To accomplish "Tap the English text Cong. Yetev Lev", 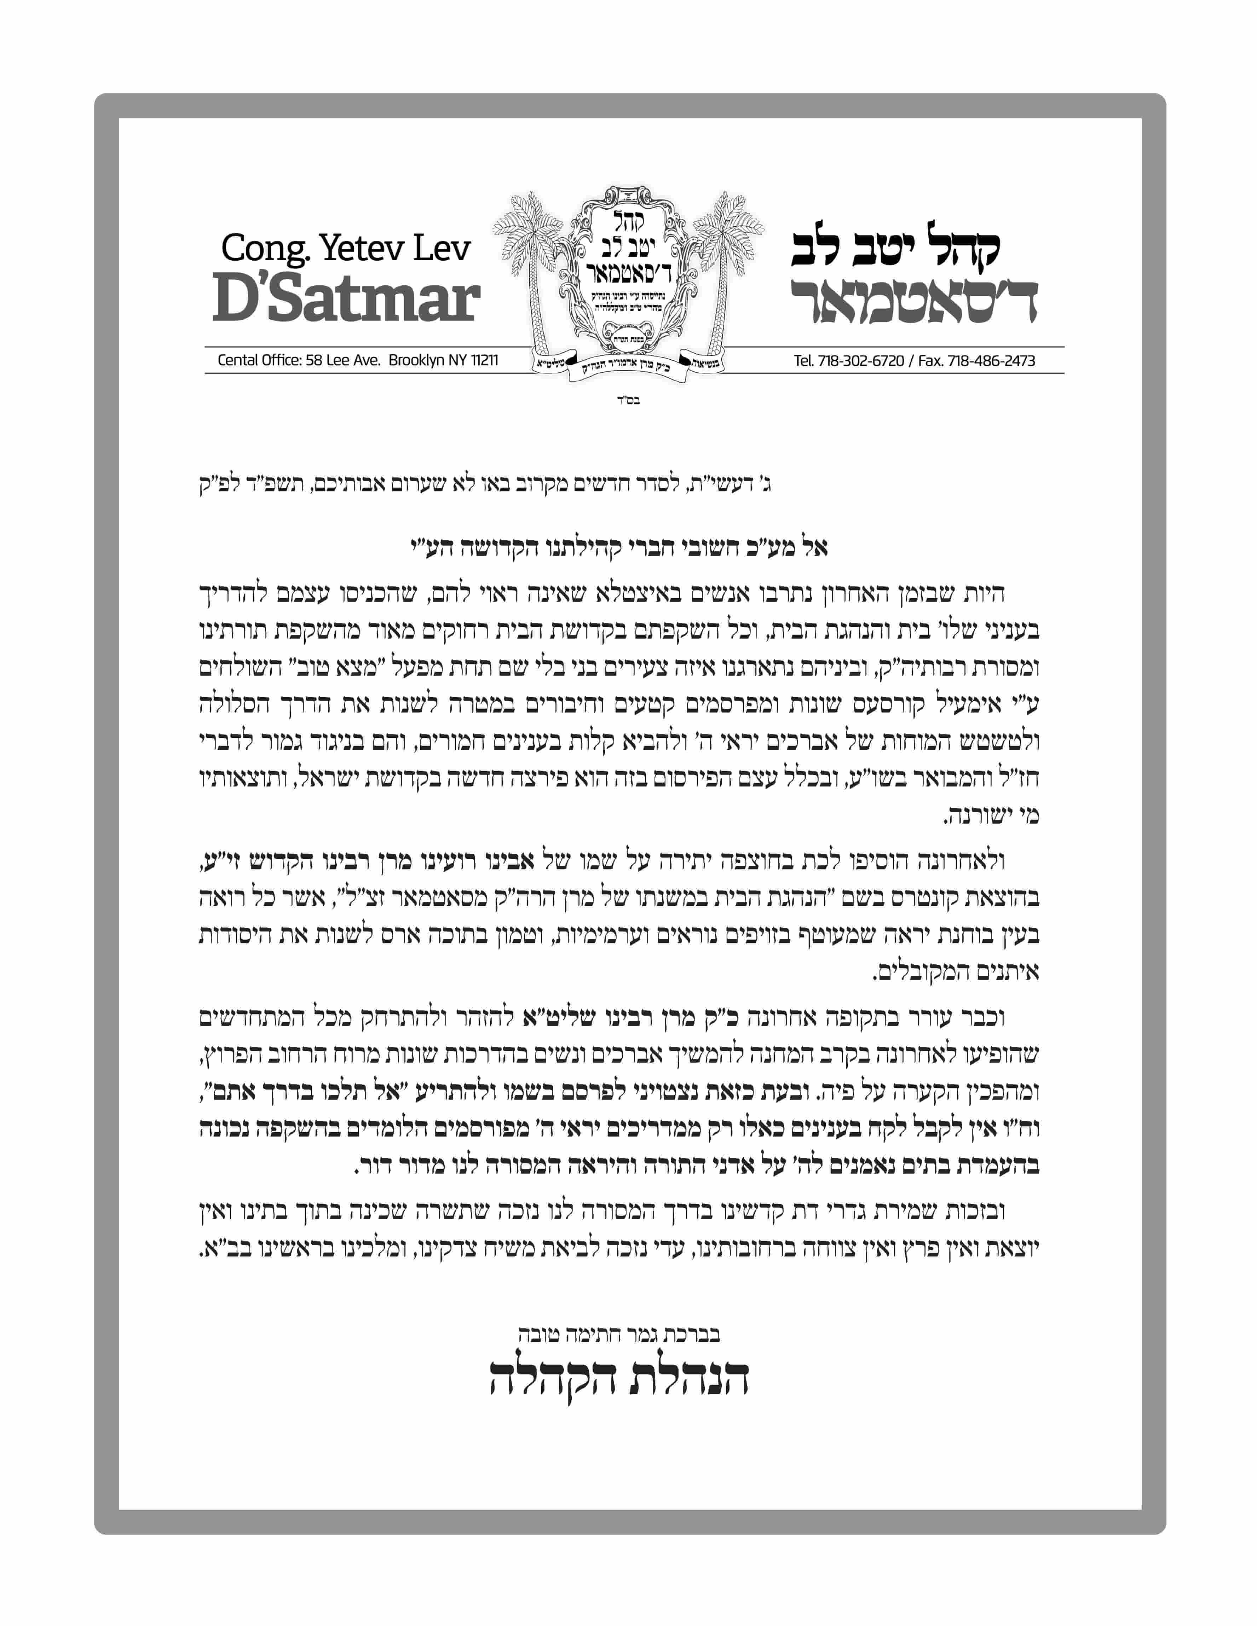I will (x=346, y=248).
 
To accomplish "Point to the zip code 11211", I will (x=484, y=360).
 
